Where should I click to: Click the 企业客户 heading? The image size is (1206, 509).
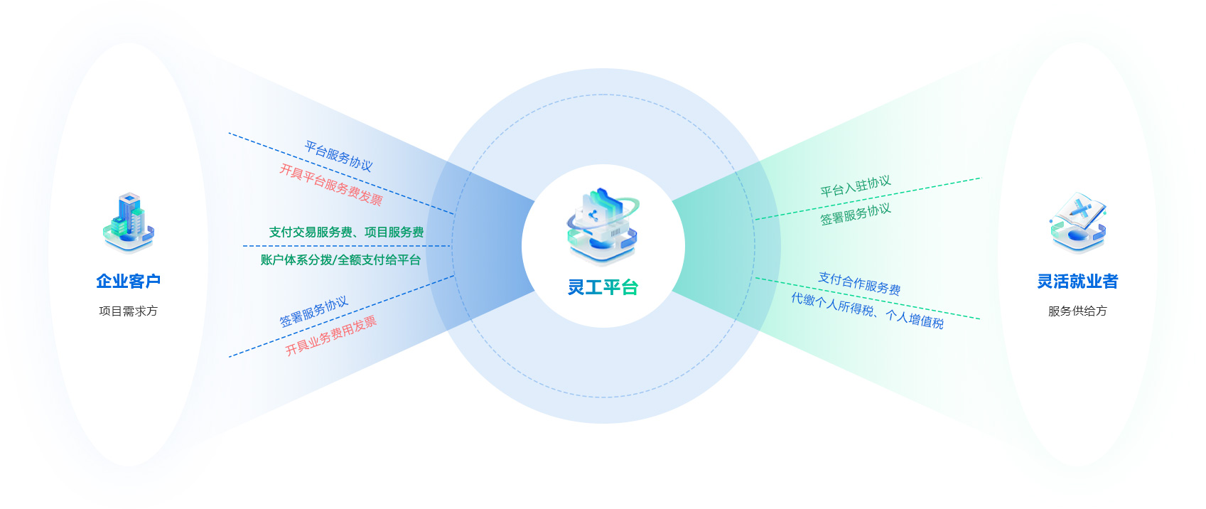pos(129,282)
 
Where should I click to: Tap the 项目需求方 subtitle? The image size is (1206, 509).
pos(129,311)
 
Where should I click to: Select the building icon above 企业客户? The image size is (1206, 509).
pos(129,223)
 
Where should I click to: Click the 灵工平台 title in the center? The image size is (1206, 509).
pos(603,287)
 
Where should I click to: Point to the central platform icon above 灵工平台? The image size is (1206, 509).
pos(603,226)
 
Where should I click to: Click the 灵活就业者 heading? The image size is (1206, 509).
pos(1077,282)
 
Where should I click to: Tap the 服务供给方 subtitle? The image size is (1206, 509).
pos(1077,311)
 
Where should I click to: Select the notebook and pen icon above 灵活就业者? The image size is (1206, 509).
pos(1078,223)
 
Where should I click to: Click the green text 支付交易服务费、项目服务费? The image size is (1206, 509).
pos(346,232)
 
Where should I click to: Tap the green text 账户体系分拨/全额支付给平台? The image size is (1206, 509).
pos(340,260)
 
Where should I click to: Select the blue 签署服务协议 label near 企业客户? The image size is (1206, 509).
pos(313,311)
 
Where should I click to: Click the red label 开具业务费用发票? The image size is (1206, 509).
pos(331,336)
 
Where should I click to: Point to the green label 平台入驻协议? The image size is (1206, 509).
pos(856,186)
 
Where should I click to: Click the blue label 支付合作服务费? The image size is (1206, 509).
pos(859,284)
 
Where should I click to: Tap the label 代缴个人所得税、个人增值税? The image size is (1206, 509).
pos(868,311)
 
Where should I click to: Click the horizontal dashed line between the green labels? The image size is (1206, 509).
pos(346,246)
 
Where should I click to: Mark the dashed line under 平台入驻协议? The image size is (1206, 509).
pos(867,199)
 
